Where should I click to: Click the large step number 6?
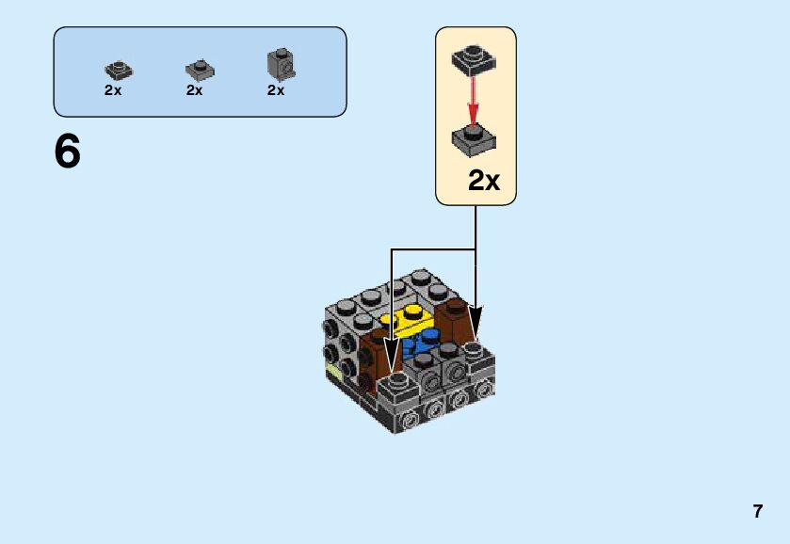[68, 152]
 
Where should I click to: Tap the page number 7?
[757, 512]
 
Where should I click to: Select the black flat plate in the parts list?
[119, 70]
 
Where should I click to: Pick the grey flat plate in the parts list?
[199, 70]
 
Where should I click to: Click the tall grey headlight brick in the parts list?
[281, 64]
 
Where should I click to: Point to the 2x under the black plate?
[113, 90]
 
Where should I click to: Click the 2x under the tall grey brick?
[276, 90]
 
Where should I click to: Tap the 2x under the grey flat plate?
[195, 90]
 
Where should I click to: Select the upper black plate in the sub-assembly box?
[474, 59]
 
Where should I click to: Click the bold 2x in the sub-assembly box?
[484, 181]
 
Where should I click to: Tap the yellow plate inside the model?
[411, 319]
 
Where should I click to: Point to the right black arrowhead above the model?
[476, 314]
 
